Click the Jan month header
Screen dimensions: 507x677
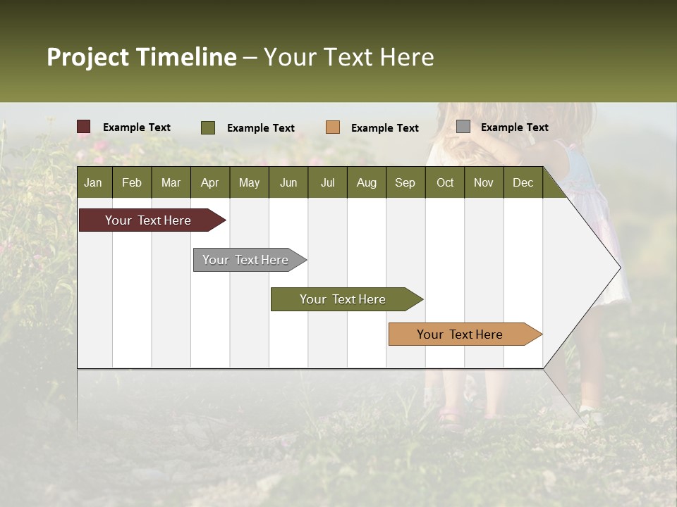93,182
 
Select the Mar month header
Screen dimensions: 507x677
171,182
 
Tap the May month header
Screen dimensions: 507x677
249,182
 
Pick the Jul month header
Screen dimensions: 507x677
327,182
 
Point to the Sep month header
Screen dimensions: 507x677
405,182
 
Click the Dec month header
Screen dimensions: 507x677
523,182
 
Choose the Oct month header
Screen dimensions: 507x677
445,182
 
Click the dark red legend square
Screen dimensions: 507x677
84,127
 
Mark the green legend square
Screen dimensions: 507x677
208,127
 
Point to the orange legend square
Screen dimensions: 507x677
333,127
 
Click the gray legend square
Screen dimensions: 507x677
463,127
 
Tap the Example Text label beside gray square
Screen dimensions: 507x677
514,127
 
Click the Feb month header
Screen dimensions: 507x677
132,182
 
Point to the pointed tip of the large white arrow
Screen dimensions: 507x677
619,268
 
